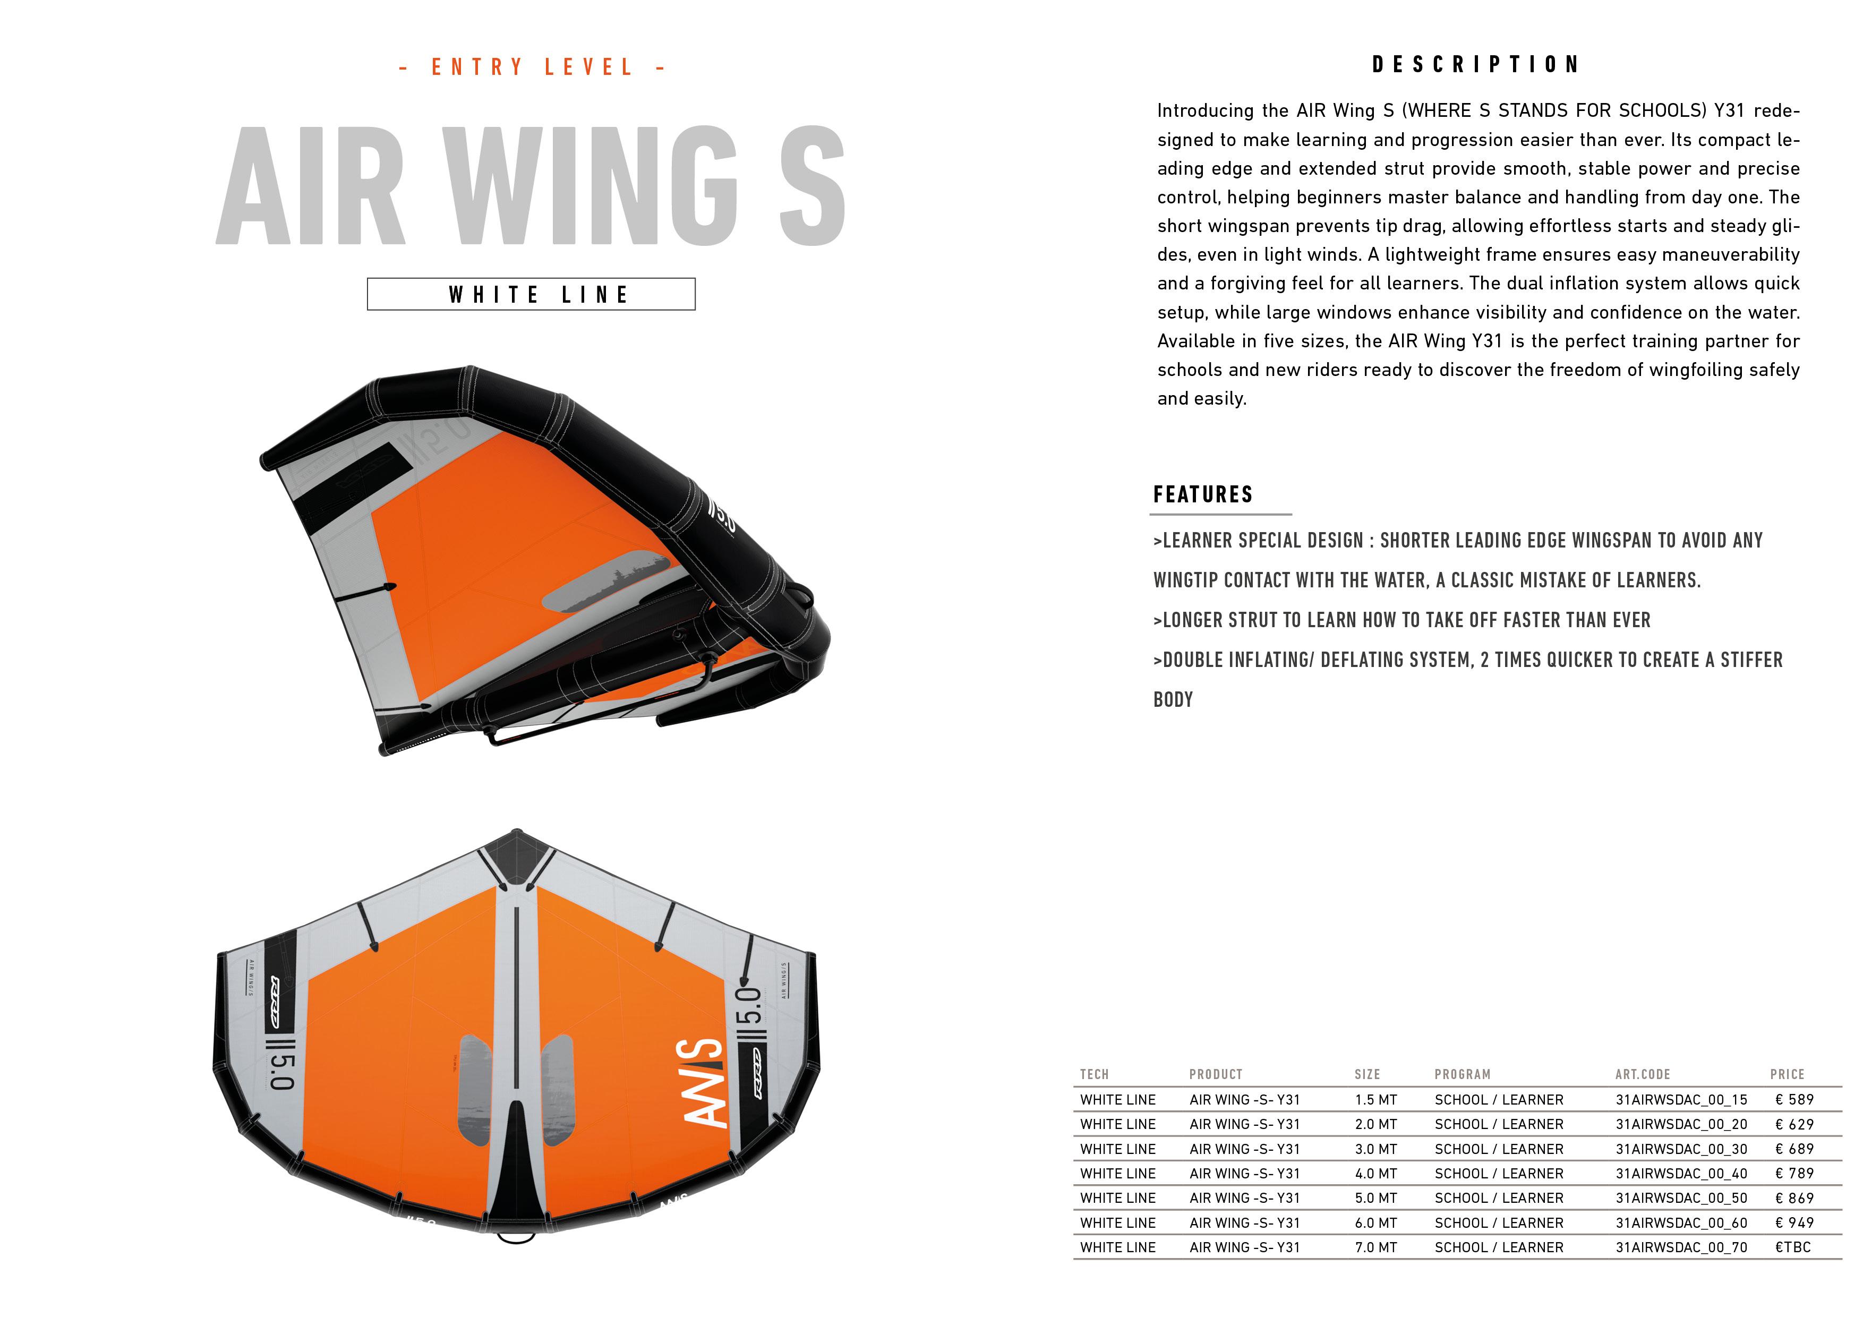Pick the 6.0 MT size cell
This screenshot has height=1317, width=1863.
pos(1375,1223)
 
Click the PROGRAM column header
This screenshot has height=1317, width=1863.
pos(1462,1074)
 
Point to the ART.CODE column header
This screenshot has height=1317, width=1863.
pos(1642,1074)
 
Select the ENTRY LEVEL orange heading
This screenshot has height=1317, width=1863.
pos(532,67)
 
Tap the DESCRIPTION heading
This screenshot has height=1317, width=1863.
pos(1475,65)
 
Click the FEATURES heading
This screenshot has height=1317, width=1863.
pos(1202,495)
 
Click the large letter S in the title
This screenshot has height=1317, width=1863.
pos(812,186)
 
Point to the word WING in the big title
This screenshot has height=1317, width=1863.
pos(591,186)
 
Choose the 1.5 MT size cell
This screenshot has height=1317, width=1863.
pos(1375,1099)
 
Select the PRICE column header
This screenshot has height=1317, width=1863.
pos(1787,1074)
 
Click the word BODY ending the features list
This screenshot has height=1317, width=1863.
pos(1173,699)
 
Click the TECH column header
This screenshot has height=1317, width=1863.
pos(1094,1074)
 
